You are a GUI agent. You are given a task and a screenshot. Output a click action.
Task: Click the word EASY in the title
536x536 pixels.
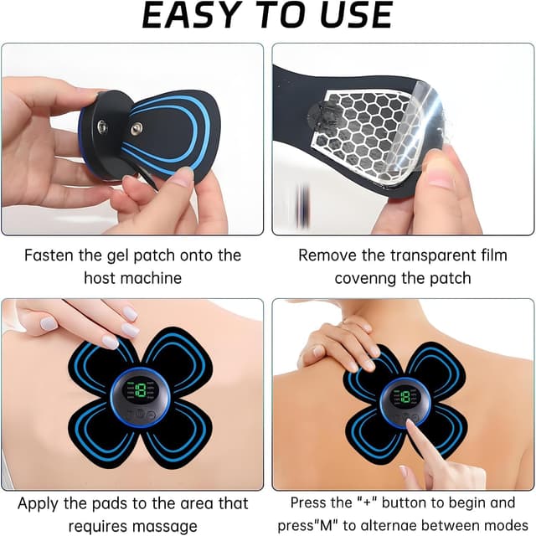[196, 16]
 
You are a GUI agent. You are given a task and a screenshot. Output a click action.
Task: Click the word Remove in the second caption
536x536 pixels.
[326, 255]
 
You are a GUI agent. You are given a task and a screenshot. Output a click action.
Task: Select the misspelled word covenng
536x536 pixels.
[368, 278]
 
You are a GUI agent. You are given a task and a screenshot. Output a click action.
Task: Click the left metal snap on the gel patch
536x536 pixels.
[100, 127]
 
